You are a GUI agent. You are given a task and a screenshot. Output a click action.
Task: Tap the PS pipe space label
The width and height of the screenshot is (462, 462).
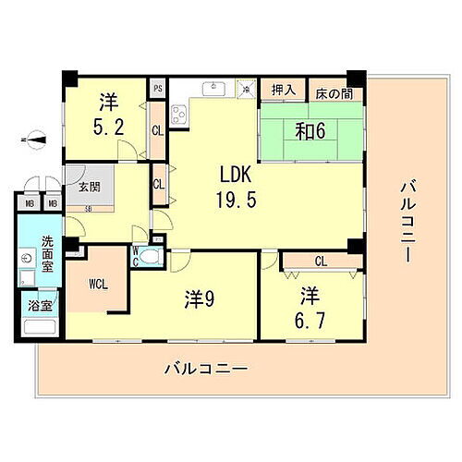click(x=158, y=89)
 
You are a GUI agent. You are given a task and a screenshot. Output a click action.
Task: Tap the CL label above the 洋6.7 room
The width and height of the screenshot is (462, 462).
click(x=320, y=261)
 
